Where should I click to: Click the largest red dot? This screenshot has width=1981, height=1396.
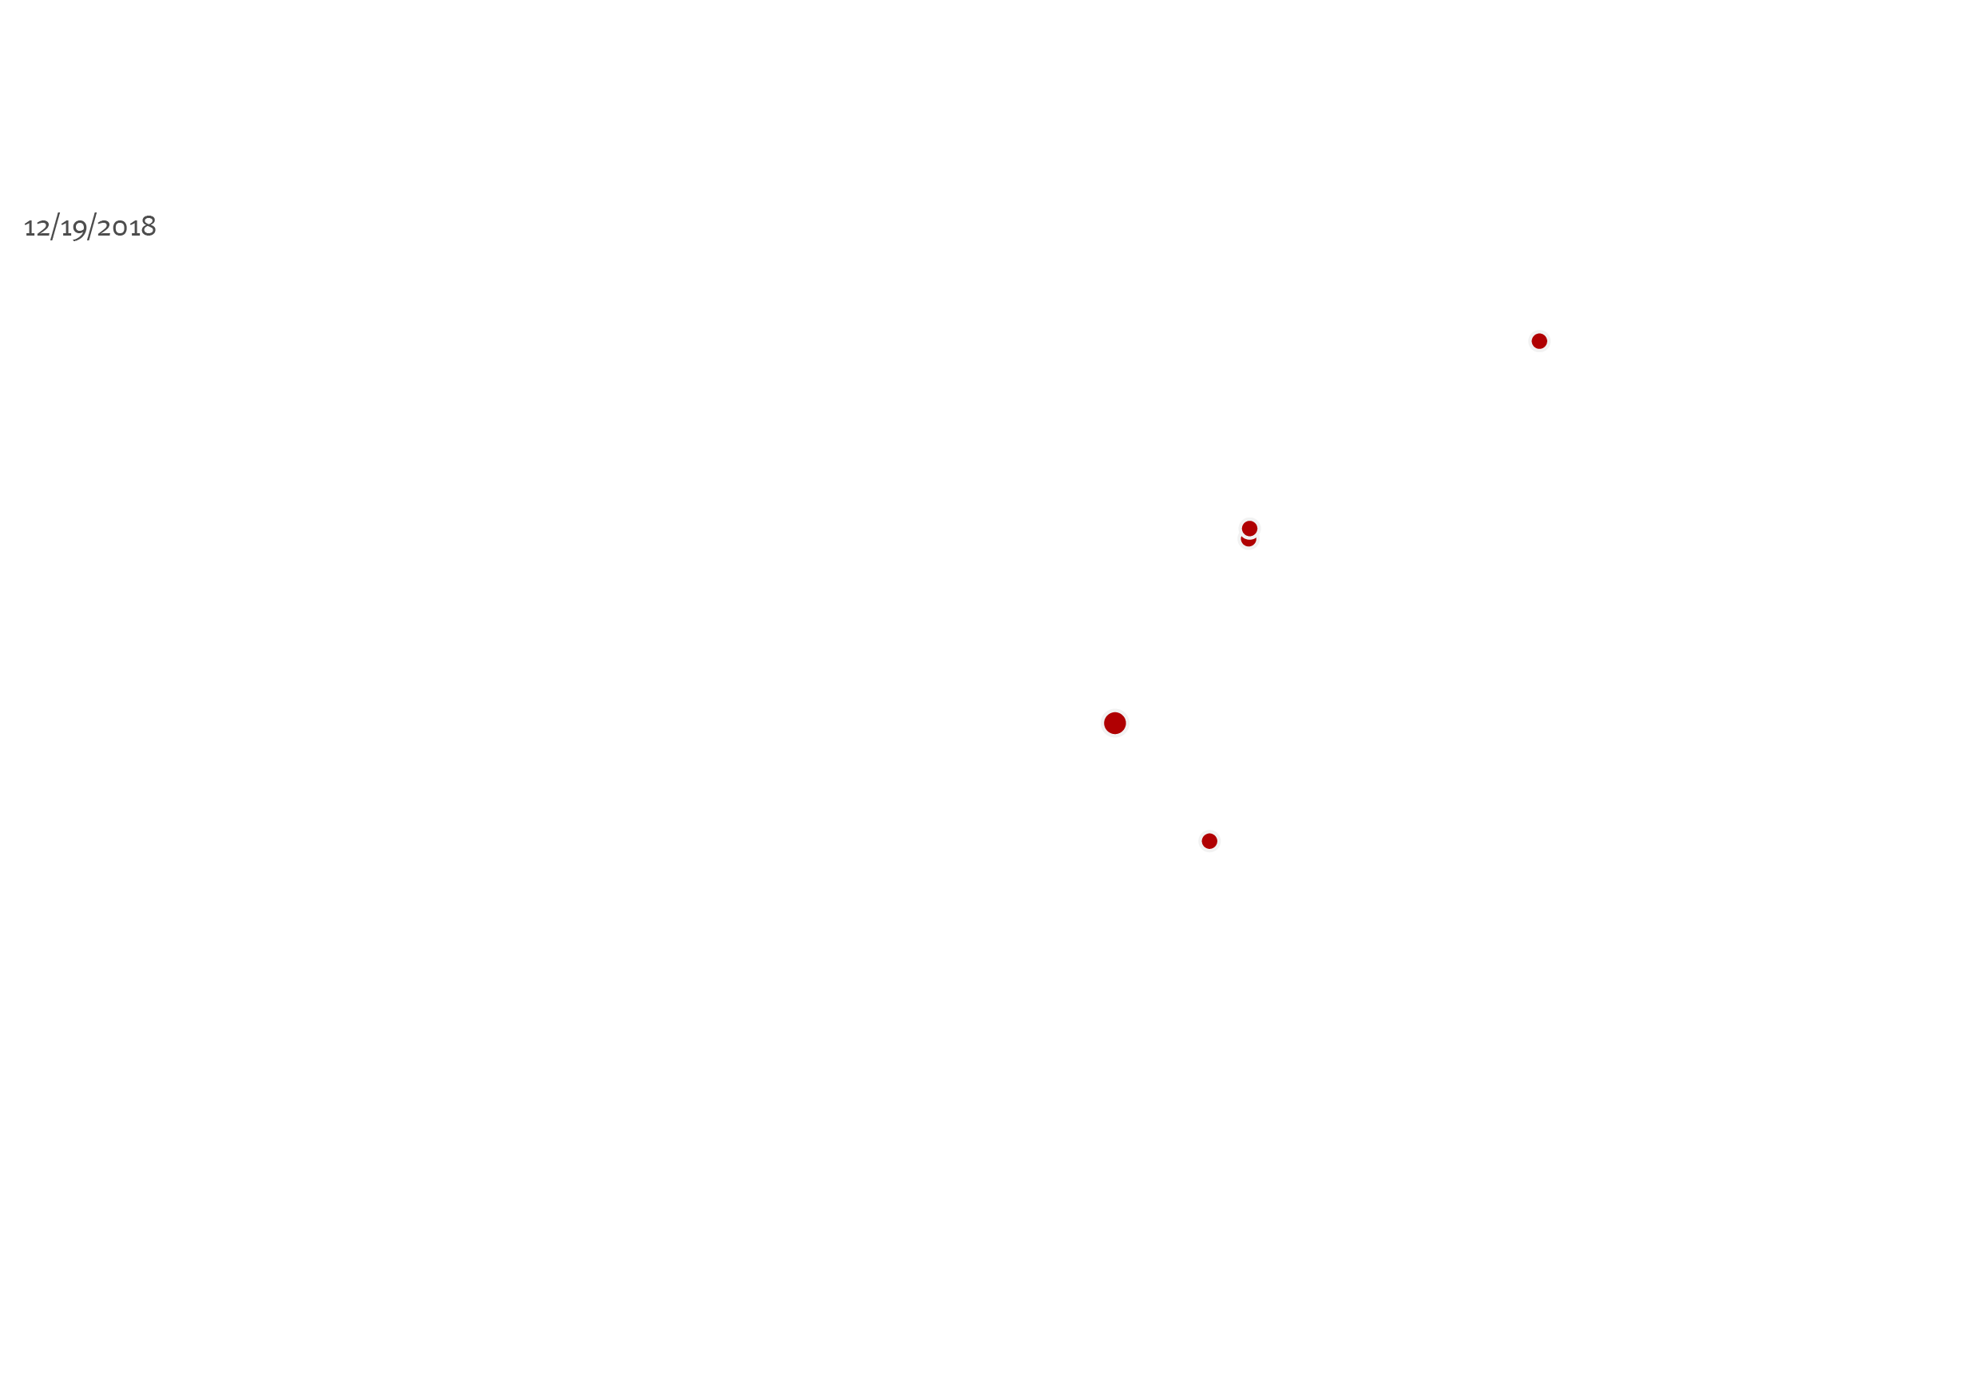(1115, 723)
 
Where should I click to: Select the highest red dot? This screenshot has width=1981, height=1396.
(1539, 342)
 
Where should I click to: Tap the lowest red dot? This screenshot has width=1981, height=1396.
(1209, 841)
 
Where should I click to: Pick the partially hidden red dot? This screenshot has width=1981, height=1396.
(1249, 541)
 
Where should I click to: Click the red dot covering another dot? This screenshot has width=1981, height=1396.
(1249, 528)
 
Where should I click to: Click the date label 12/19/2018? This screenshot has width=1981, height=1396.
(89, 227)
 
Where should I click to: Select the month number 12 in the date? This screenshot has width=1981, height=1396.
(37, 228)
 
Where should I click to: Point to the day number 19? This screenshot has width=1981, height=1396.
(74, 228)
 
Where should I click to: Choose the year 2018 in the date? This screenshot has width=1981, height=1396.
(127, 227)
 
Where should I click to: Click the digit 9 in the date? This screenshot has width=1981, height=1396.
(80, 230)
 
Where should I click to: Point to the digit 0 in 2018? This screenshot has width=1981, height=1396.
(119, 228)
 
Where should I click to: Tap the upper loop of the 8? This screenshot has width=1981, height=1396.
(149, 220)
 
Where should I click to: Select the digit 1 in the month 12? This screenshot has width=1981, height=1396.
(30, 228)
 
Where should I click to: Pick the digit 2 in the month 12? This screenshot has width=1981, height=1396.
(43, 228)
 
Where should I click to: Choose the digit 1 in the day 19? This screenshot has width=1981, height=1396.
(66, 228)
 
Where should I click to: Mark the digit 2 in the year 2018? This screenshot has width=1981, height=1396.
(104, 228)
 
